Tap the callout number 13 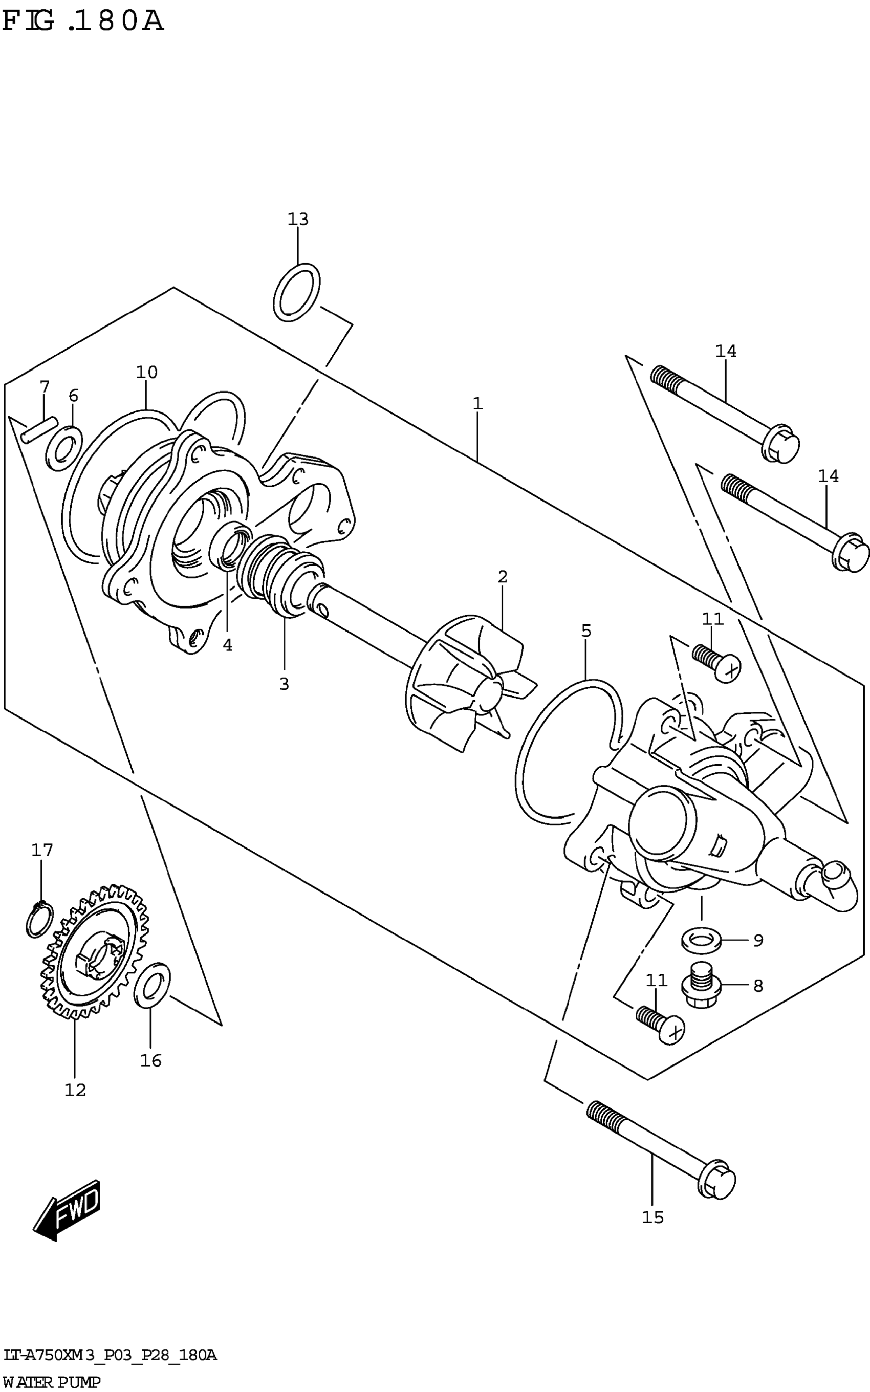[x=298, y=219]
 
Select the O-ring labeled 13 [x=297, y=292]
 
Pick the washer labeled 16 [x=152, y=986]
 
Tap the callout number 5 [x=586, y=631]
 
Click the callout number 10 [x=146, y=372]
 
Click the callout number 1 [x=477, y=404]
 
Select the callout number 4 [x=228, y=645]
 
